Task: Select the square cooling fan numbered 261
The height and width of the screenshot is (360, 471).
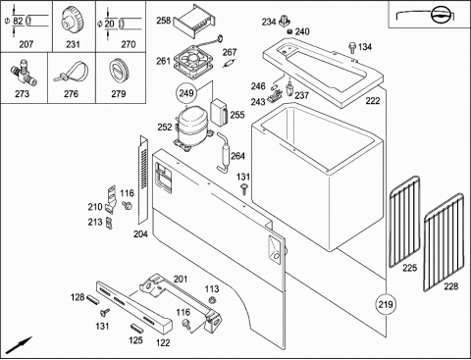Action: (x=193, y=61)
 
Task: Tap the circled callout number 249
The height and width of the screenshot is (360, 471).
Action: (x=186, y=93)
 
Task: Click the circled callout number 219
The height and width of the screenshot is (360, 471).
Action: (x=386, y=304)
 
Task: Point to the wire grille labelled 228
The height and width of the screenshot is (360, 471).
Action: (x=444, y=242)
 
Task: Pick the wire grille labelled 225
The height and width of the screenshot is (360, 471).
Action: (x=404, y=222)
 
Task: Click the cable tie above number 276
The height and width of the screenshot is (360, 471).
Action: (x=72, y=73)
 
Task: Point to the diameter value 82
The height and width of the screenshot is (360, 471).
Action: (x=18, y=22)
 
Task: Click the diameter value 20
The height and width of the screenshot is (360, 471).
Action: (x=110, y=24)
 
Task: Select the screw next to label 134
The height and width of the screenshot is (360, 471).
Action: (x=352, y=47)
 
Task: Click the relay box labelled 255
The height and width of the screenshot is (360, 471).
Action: (x=220, y=113)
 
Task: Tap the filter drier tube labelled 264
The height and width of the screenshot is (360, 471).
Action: (x=225, y=152)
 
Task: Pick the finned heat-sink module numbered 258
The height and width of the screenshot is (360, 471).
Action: (x=194, y=22)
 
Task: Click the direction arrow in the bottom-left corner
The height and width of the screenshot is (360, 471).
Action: (x=20, y=344)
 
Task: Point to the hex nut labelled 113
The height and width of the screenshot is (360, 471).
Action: (x=212, y=299)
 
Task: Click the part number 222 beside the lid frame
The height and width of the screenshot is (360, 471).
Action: (x=373, y=101)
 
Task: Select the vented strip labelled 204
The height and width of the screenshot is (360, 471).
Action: (x=143, y=180)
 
